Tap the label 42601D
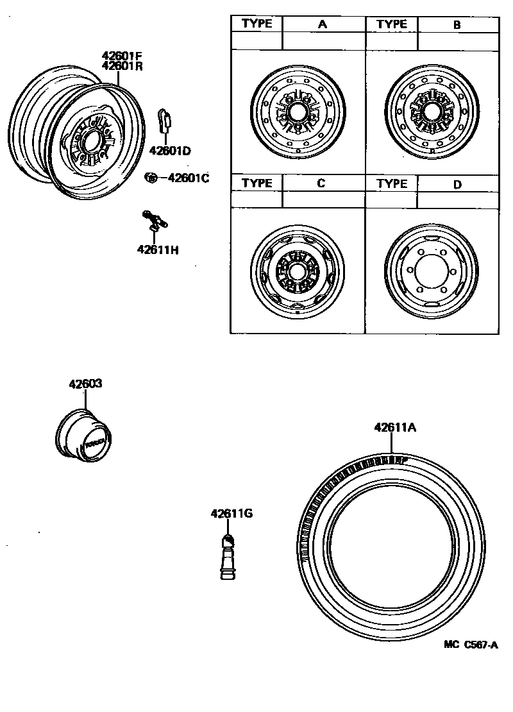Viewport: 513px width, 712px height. coord(170,151)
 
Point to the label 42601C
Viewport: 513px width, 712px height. coord(189,178)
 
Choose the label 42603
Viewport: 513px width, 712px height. coord(85,384)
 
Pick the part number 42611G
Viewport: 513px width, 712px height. coord(231,513)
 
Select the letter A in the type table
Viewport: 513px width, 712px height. coord(323,24)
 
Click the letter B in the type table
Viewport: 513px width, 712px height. coord(457,25)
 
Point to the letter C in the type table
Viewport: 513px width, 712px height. coord(321,183)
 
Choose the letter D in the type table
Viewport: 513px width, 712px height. coord(457,184)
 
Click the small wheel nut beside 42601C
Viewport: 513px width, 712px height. coord(152,178)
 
